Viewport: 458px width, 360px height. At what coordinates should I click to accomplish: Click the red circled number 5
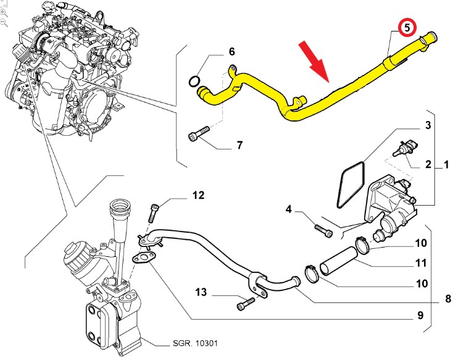click(x=407, y=27)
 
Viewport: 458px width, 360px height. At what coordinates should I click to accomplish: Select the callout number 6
click(x=232, y=51)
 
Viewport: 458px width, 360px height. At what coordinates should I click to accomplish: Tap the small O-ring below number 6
click(x=194, y=81)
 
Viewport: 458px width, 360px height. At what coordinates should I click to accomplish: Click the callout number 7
click(x=239, y=146)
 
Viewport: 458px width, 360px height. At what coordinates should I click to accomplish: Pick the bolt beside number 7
click(x=198, y=135)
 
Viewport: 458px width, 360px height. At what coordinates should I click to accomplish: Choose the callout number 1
click(x=446, y=165)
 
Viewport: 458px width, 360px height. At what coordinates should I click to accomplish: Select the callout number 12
click(x=198, y=196)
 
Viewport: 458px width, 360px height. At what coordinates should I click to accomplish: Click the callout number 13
click(x=201, y=291)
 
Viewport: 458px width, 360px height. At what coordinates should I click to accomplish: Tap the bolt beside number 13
click(x=245, y=303)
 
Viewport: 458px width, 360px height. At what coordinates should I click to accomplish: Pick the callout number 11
click(x=420, y=263)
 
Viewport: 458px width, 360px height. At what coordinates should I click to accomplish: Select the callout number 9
click(x=419, y=316)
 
